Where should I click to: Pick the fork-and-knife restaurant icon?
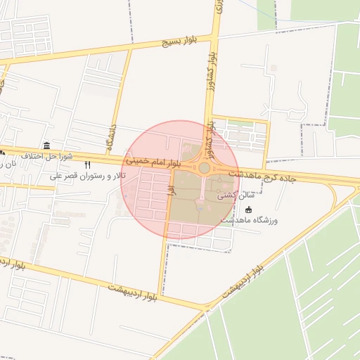[88, 165]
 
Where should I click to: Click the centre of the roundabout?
[205, 168]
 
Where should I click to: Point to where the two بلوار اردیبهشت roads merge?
[204, 307]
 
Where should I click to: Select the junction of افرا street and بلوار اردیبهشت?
[160, 296]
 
